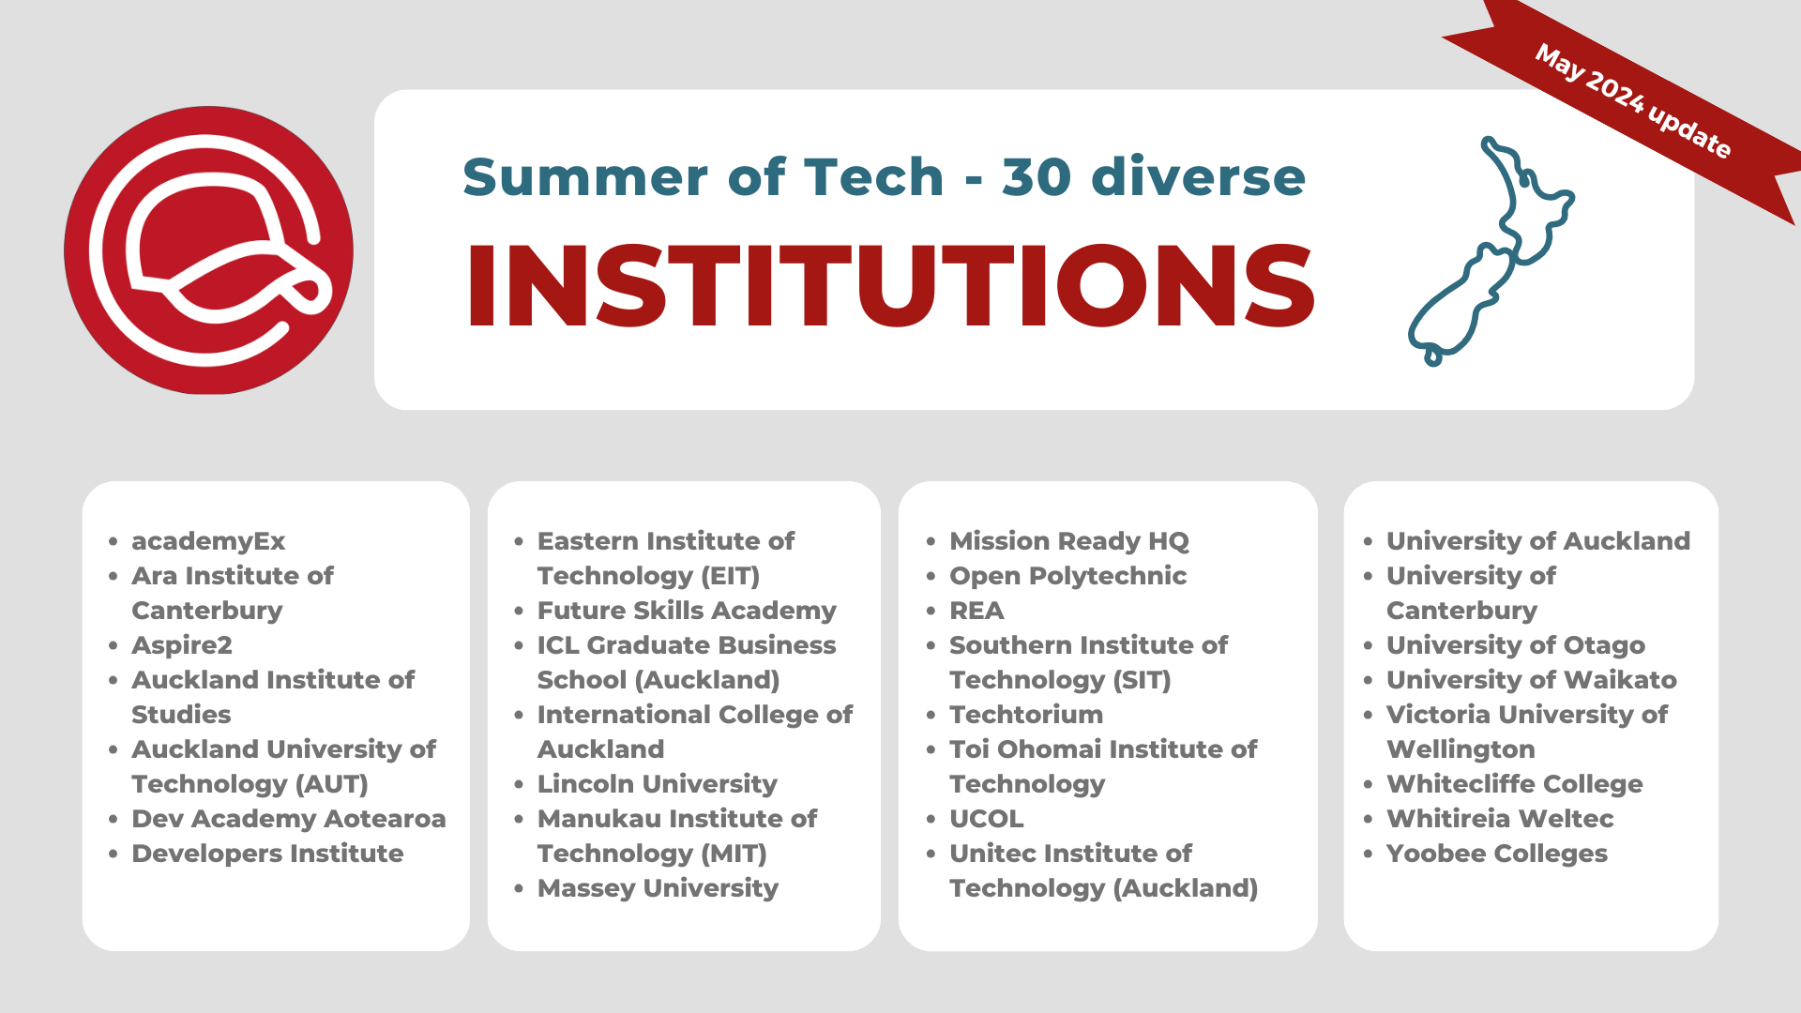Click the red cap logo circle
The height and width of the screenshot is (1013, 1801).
pos(208,250)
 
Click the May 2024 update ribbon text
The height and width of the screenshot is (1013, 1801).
pos(1633,101)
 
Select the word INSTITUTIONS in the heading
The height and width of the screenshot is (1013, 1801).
pos(890,286)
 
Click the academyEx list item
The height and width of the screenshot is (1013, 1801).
pos(208,541)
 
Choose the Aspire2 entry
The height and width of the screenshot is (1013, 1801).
pos(182,645)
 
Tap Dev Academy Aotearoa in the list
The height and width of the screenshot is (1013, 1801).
pos(289,819)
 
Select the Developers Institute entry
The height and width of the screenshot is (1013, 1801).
pos(267,854)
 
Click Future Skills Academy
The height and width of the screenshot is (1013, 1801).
pos(687,611)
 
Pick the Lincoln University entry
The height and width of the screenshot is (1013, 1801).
pos(658,784)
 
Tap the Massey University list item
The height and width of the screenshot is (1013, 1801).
pos(658,888)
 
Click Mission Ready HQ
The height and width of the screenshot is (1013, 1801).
pos(1069,541)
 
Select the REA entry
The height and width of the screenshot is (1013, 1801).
pos(976,611)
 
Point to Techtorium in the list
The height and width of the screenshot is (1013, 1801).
pos(1026,715)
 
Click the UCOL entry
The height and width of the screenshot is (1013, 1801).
pos(987,819)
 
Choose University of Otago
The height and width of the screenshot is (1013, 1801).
pos(1516,645)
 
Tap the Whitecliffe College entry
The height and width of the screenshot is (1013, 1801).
pos(1515,784)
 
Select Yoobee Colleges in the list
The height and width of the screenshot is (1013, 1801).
pos(1497,854)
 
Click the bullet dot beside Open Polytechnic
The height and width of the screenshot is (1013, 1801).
pos(931,577)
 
